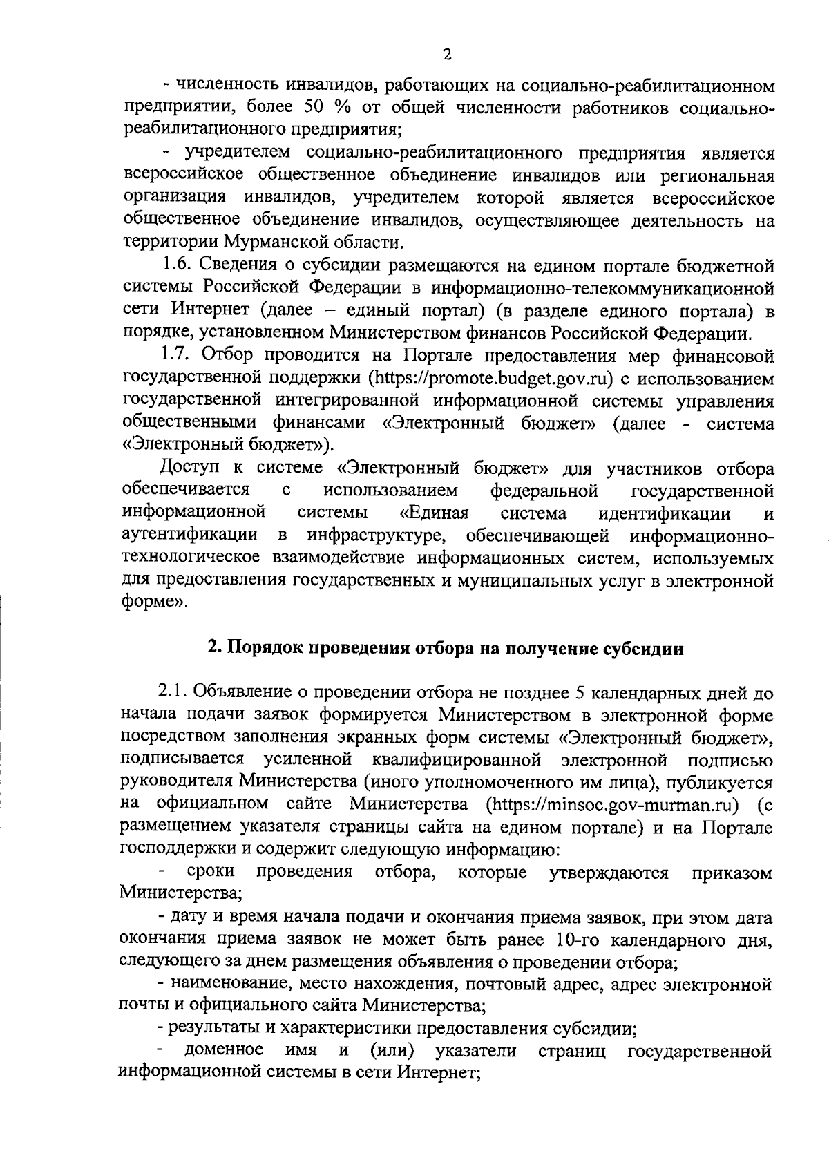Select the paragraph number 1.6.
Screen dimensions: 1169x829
tap(178, 265)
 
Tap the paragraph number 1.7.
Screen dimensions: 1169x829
tap(178, 355)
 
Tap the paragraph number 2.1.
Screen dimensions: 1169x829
tap(173, 692)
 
